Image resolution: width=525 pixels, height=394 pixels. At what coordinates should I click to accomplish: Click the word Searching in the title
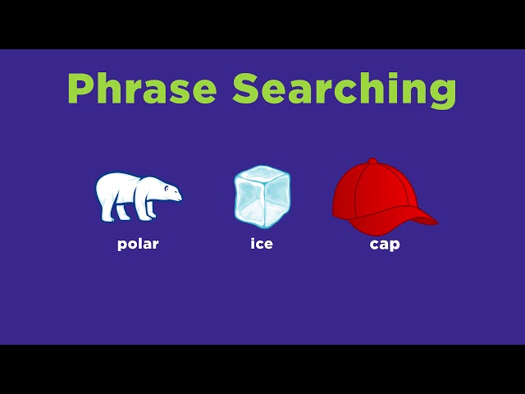(344, 88)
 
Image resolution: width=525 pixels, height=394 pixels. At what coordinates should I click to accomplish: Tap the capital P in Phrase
(80, 88)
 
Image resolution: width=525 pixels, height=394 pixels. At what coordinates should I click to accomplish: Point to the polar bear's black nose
(180, 196)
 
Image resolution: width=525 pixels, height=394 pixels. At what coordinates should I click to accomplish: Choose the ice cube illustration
(262, 196)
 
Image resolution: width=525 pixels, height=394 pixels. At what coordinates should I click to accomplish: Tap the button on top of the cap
(372, 160)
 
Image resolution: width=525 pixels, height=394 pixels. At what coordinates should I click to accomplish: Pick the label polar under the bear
(138, 245)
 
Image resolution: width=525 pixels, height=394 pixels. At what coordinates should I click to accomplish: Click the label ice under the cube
(262, 244)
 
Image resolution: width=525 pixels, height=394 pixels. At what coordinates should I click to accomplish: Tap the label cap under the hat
(385, 245)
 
